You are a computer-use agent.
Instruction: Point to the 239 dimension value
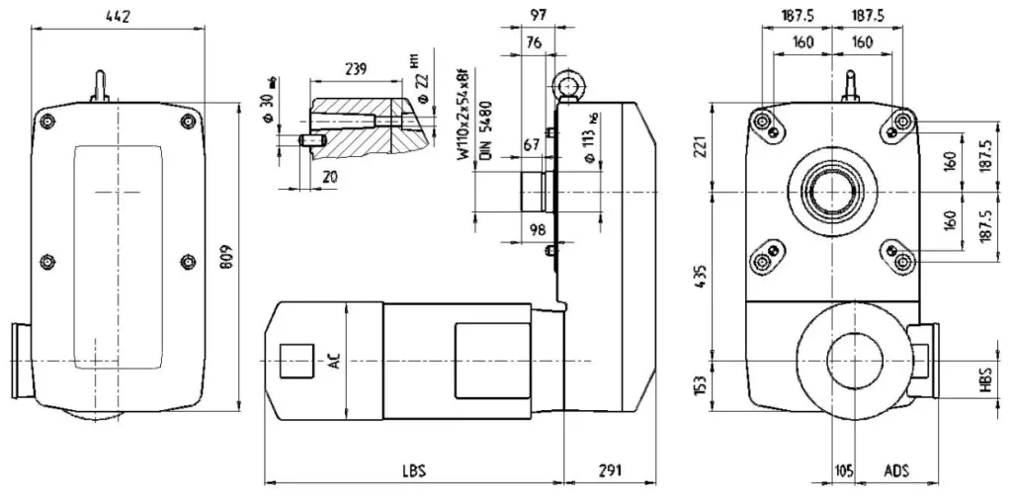tap(357, 69)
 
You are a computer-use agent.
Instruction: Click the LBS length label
tap(414, 470)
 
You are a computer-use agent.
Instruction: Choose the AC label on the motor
tap(334, 362)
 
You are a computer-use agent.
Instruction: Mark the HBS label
tap(984, 379)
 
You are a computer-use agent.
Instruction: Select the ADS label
tap(895, 470)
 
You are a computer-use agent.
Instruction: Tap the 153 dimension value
tap(699, 382)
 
